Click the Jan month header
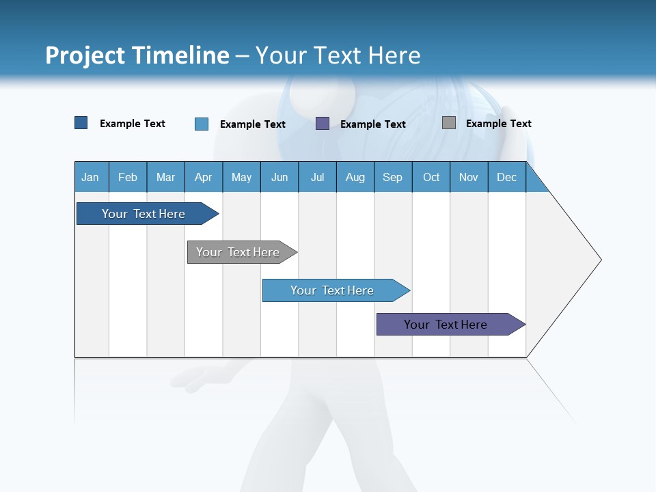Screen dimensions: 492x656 (91, 177)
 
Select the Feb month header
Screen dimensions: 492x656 (128, 177)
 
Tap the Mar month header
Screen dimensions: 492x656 (165, 177)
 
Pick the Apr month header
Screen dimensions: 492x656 (204, 177)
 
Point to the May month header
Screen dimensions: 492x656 (241, 177)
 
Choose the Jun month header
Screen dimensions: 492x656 (279, 177)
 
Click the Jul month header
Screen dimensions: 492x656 (317, 177)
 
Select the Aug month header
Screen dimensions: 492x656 (355, 177)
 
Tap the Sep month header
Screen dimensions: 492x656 (393, 177)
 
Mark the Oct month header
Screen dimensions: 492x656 (431, 177)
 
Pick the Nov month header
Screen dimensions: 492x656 (469, 177)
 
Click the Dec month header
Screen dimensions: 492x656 (507, 177)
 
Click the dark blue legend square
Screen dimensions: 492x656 (81, 123)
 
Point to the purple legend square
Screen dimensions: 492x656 (323, 124)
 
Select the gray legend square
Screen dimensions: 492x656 (449, 123)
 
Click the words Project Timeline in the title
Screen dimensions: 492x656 (137, 55)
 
